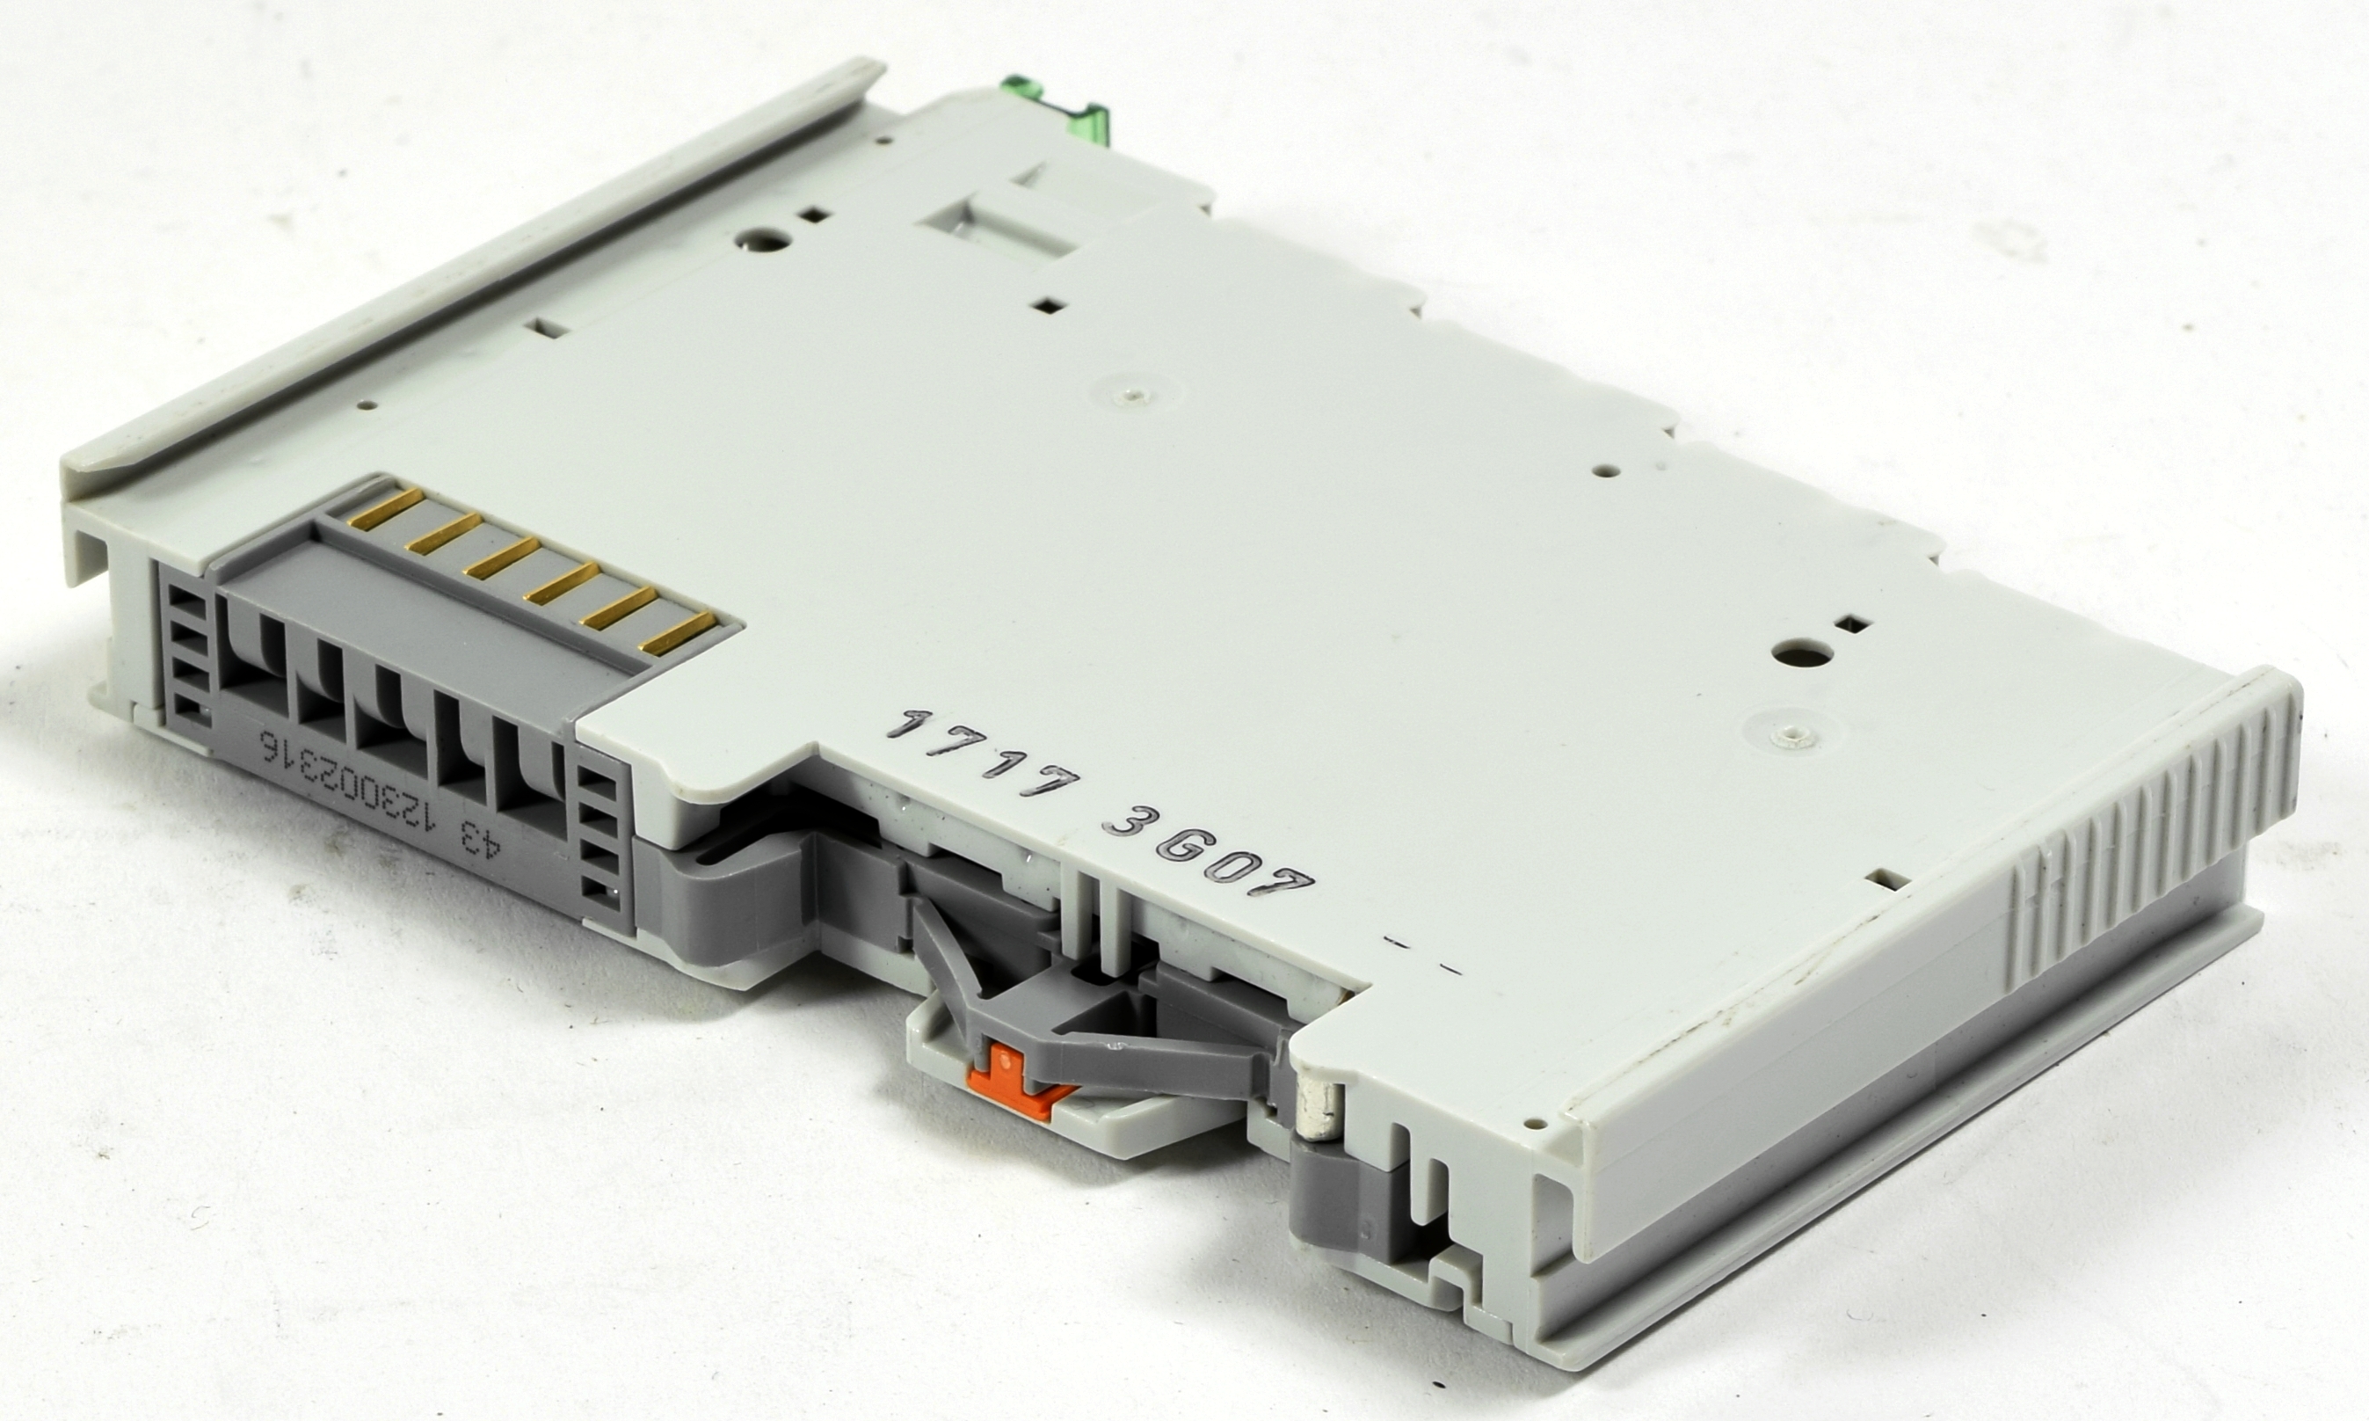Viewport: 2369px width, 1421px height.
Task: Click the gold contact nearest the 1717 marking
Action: [679, 628]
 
